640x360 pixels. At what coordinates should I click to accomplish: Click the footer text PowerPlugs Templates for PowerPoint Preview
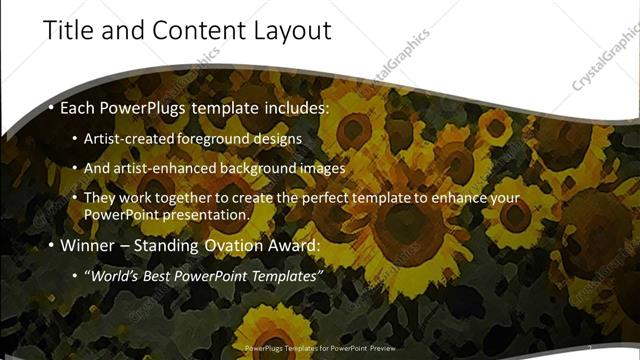click(319, 348)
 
